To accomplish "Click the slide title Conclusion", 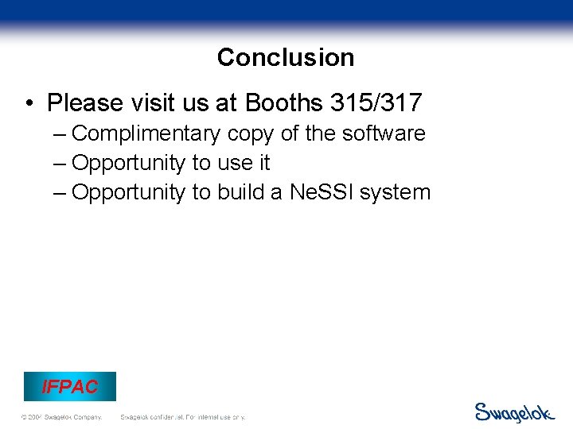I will [x=286, y=57].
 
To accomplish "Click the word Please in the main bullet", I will [x=84, y=102].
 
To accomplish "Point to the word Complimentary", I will [x=146, y=133].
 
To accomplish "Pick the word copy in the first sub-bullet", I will [x=250, y=133].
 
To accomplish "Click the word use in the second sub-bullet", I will [x=234, y=163].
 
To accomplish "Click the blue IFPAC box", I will [x=70, y=387].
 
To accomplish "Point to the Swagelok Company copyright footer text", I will [x=62, y=417].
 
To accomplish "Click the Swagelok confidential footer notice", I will [x=182, y=417].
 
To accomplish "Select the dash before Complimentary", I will [x=60, y=133].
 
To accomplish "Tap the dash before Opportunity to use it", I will [x=60, y=163].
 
